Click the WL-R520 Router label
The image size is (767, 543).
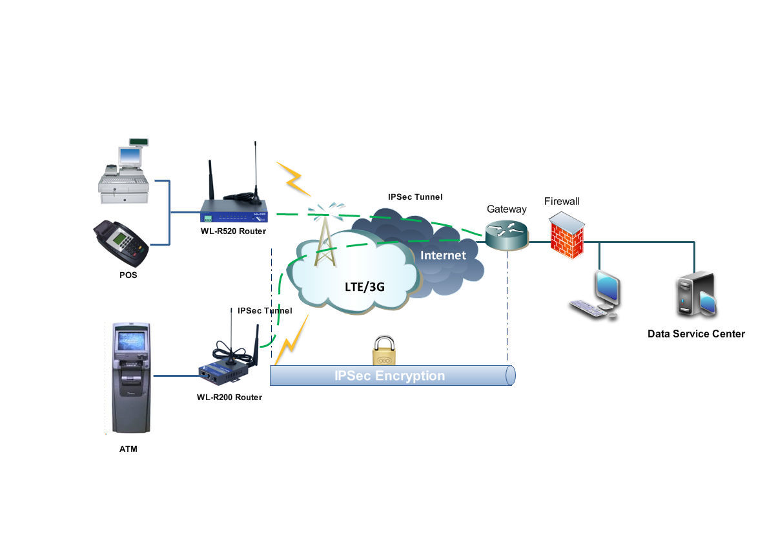coord(233,231)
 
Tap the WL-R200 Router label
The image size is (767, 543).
coord(229,397)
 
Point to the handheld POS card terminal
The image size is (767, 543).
coord(121,243)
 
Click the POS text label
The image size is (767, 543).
coord(128,275)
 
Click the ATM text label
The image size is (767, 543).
coord(128,449)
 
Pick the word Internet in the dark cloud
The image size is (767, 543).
coord(443,255)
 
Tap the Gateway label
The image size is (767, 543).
coord(506,209)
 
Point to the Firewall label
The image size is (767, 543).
coord(561,201)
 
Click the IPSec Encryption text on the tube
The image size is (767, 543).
coord(389,376)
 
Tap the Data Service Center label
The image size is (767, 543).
coord(695,334)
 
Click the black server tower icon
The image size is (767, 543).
coord(696,295)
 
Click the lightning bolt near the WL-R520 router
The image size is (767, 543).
coord(294,178)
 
